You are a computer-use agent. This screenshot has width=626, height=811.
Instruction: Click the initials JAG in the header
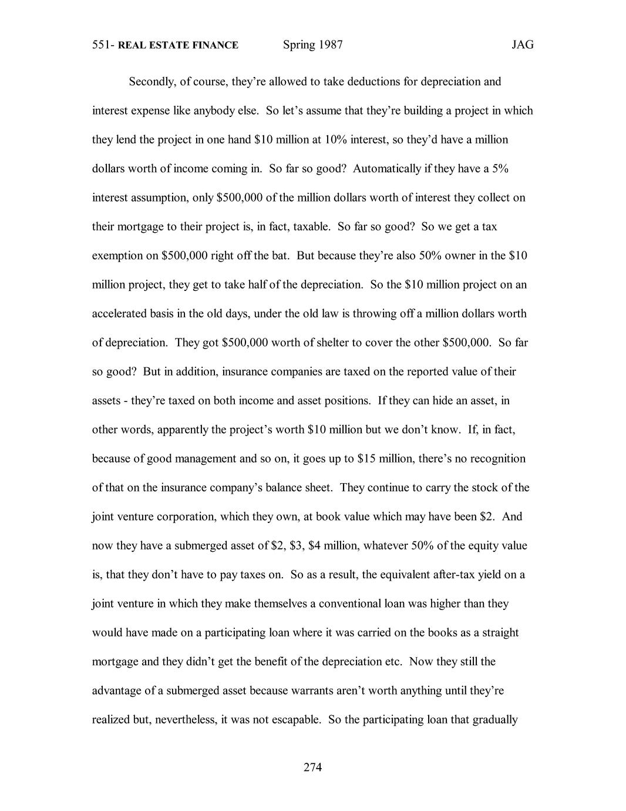click(522, 45)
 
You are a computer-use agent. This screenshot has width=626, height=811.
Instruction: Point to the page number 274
click(313, 767)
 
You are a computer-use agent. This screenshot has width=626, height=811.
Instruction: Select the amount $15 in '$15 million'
click(365, 458)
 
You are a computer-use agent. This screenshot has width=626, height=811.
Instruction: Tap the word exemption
click(117, 256)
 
